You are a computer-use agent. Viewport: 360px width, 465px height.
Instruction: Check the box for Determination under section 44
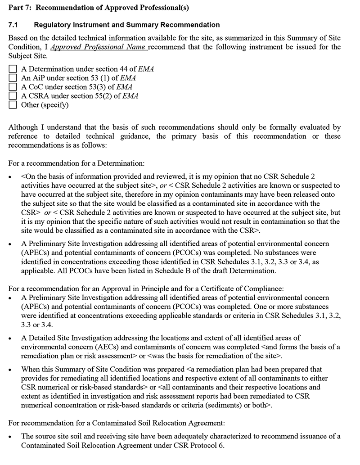(x=13, y=69)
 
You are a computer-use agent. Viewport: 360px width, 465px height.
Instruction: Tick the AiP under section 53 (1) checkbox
(x=13, y=78)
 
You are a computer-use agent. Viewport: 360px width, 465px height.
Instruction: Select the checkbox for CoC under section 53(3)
(x=13, y=87)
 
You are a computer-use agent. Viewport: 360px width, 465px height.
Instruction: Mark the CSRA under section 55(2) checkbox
(x=13, y=96)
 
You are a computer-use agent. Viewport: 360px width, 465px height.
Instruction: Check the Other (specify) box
(x=13, y=105)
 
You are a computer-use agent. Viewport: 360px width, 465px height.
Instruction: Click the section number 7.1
(x=14, y=25)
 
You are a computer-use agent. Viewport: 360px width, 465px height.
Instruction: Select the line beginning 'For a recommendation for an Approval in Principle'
(x=146, y=289)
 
